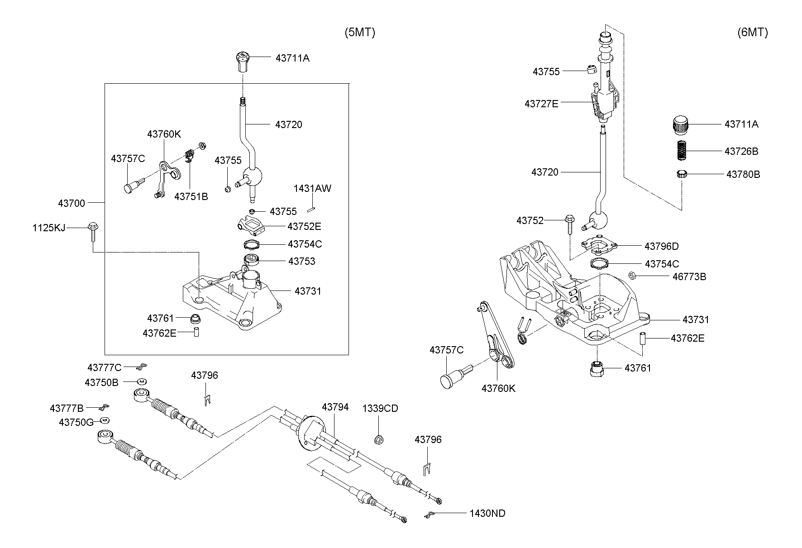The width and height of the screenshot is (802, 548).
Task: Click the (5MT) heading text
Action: [359, 33]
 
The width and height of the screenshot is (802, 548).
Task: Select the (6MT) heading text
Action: [752, 33]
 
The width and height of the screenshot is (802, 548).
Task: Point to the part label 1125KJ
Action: [48, 228]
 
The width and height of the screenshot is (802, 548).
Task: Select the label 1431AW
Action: [312, 189]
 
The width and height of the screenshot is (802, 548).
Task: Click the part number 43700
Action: [71, 204]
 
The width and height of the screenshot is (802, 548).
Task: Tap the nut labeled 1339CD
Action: [379, 438]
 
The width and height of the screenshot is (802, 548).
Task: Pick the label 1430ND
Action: [487, 514]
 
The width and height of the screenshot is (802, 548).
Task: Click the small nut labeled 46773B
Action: [633, 275]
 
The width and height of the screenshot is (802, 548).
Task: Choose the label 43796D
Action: [661, 247]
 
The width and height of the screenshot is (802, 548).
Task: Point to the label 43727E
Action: [541, 104]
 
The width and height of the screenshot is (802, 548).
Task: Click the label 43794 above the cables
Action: [335, 407]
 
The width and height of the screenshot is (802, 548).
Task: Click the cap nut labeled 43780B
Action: [682, 174]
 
